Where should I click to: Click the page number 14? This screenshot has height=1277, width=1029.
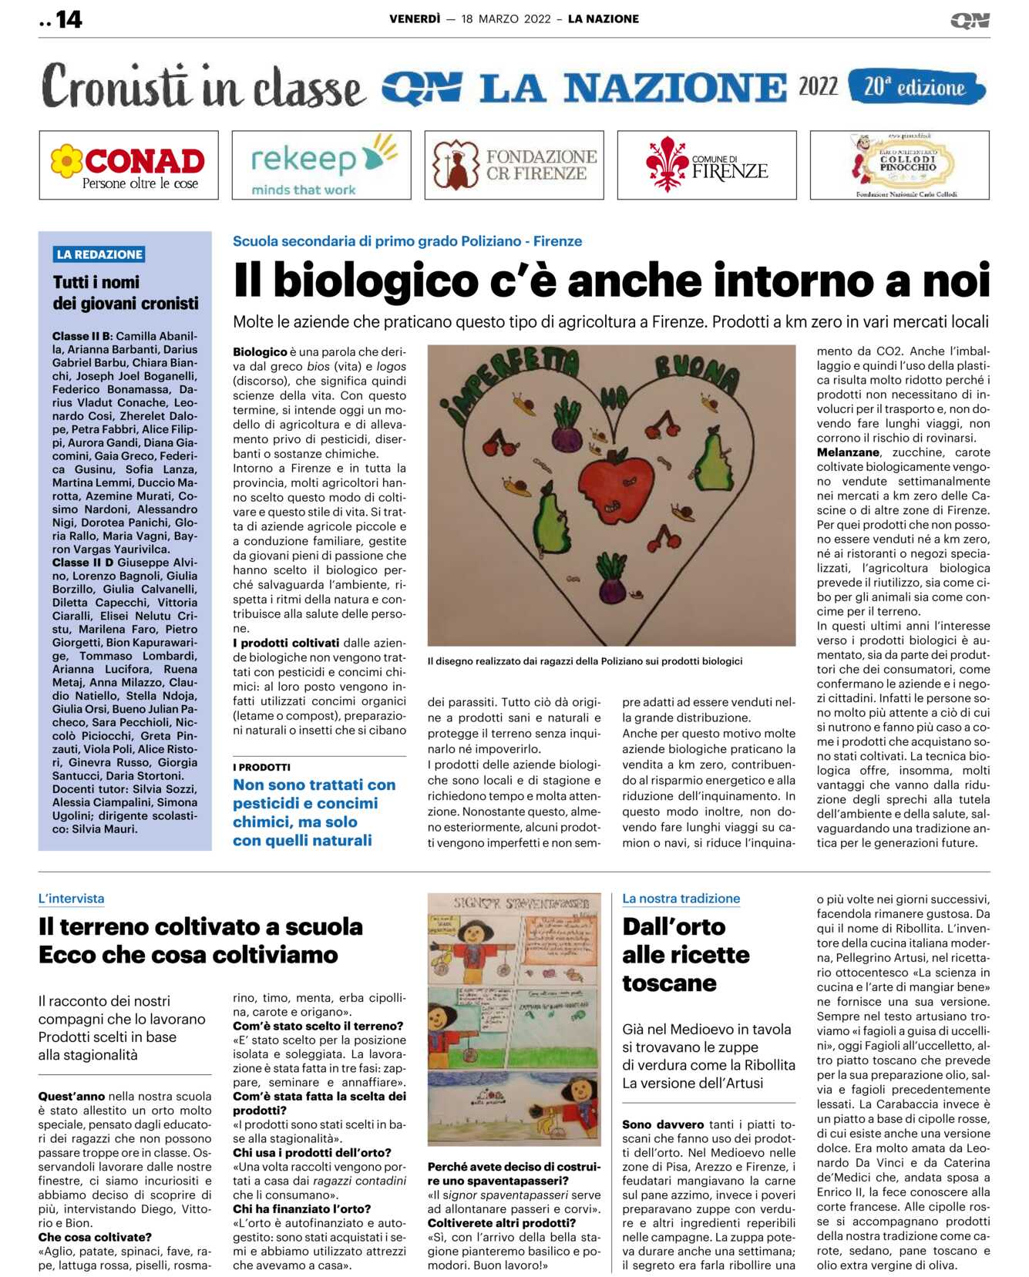[68, 19]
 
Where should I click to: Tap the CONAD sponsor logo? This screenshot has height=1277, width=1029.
[129, 166]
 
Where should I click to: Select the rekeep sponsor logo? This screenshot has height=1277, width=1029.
[321, 166]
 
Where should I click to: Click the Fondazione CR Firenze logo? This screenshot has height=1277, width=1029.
[514, 166]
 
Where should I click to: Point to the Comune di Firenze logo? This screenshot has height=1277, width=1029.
[707, 166]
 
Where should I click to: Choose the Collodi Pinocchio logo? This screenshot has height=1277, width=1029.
[900, 166]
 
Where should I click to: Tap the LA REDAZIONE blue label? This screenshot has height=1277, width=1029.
[99, 254]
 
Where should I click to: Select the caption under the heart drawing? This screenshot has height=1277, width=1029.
[585, 661]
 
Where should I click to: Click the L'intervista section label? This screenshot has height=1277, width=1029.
[71, 899]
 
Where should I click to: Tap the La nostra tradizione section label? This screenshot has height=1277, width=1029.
[681, 899]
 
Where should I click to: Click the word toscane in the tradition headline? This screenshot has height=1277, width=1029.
[669, 983]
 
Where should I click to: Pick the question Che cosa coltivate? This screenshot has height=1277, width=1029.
[95, 1237]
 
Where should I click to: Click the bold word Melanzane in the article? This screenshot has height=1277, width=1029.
[848, 452]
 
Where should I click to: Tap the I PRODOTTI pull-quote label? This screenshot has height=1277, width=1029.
[261, 768]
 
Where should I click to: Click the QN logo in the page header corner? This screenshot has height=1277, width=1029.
[970, 20]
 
